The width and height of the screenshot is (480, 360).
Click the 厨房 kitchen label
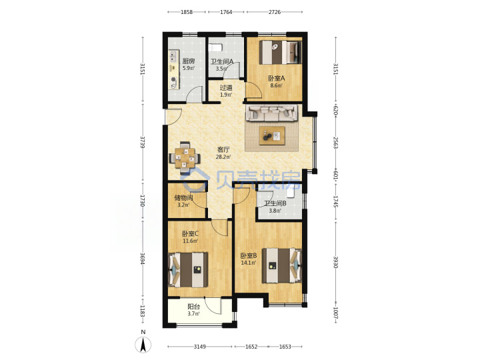click(188, 61)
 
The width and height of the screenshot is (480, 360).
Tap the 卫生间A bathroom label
click(222, 61)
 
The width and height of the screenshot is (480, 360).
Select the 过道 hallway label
click(226, 87)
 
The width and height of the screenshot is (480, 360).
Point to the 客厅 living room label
click(223, 150)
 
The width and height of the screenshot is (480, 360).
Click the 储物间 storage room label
click(183, 198)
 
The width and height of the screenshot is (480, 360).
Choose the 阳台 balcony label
click(193, 307)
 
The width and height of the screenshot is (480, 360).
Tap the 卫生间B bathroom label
click(275, 203)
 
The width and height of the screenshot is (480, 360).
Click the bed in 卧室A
click(281, 53)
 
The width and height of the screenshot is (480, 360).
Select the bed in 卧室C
click(187, 270)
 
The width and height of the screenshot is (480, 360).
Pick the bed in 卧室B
click(282, 265)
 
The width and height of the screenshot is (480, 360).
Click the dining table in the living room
click(185, 158)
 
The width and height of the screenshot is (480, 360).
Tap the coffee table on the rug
click(272, 135)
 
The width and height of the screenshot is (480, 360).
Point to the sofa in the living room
click(271, 113)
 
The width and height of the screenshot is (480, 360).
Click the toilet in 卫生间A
click(215, 48)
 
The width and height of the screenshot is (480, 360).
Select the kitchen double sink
click(173, 57)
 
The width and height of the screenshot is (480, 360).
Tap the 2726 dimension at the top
click(275, 12)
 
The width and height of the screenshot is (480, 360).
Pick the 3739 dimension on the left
click(143, 143)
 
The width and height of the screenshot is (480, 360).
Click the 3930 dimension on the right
click(335, 262)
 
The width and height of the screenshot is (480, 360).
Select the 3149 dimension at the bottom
click(199, 347)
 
